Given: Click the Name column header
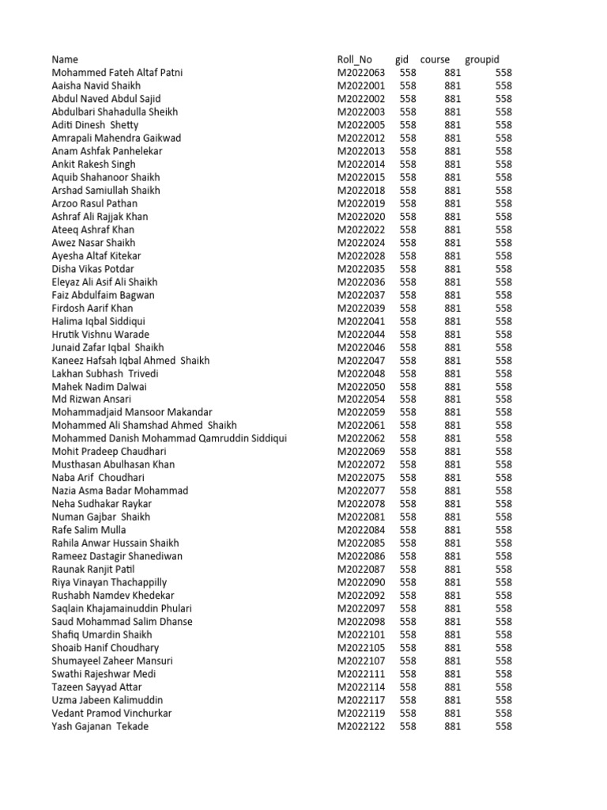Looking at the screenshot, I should tap(66, 59).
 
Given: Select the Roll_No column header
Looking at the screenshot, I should tap(354, 59).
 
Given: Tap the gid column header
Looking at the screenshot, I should tap(402, 59).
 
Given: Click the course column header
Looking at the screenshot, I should tap(435, 59).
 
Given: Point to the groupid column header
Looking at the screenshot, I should tap(482, 59).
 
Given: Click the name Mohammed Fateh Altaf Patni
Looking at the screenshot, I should tap(117, 73).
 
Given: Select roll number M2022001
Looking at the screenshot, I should tap(361, 85).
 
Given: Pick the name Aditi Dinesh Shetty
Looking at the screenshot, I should tap(95, 125).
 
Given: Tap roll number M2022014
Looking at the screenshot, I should tap(361, 164).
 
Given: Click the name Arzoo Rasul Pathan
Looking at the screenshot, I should tap(94, 203).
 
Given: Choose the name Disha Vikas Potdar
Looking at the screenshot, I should tap(92, 269).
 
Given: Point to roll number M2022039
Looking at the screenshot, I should tap(361, 308).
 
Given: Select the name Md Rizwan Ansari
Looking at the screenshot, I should tap(92, 399).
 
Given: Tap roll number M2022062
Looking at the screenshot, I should tap(361, 438).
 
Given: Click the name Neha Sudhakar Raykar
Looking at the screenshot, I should tap(101, 504).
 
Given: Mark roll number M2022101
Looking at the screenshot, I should tap(361, 634).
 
